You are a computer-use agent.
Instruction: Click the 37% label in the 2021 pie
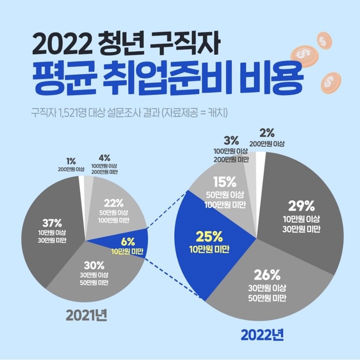click(x=52, y=222)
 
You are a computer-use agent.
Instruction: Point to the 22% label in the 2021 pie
click(x=114, y=203)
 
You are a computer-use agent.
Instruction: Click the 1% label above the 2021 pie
click(x=71, y=161)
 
